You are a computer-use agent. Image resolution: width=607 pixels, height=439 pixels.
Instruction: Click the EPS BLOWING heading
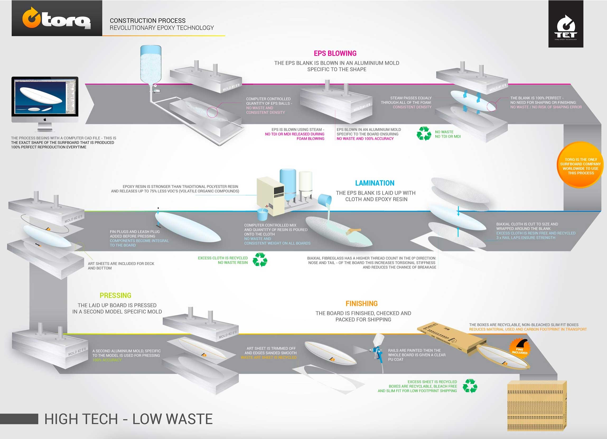(x=335, y=54)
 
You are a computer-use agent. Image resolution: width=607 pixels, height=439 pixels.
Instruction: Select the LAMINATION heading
(x=375, y=183)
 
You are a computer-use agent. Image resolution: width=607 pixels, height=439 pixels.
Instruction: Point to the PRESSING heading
(x=115, y=295)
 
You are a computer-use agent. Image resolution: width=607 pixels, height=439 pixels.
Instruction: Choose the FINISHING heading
(x=362, y=304)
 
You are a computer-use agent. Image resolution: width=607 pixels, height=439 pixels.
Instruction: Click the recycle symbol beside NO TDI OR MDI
(x=424, y=133)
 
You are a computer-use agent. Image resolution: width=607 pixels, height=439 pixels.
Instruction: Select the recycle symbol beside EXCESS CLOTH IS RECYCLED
(x=260, y=260)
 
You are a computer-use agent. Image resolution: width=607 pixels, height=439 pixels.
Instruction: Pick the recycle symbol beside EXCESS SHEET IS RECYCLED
(x=470, y=386)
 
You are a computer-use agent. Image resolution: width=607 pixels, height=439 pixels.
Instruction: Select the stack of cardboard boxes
(x=537, y=406)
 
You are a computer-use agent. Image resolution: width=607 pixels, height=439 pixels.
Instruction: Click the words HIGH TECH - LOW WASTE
(x=128, y=419)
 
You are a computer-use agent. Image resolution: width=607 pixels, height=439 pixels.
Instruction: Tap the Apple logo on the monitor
(x=45, y=120)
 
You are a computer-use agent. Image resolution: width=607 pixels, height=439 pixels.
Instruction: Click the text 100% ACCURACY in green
(x=107, y=360)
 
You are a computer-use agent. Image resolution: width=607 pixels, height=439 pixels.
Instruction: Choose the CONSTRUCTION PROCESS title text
(x=147, y=21)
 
